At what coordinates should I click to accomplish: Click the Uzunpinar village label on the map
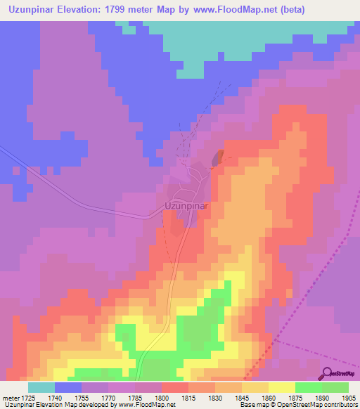(184, 207)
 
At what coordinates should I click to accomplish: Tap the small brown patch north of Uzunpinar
(217, 158)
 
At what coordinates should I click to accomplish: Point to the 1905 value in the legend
(347, 397)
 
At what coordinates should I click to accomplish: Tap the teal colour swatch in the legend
(41, 387)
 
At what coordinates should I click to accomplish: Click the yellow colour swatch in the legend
(281, 387)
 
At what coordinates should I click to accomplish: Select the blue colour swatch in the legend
(67, 387)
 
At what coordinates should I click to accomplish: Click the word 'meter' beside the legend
(9, 397)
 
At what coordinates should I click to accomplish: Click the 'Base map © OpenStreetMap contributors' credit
(297, 405)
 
